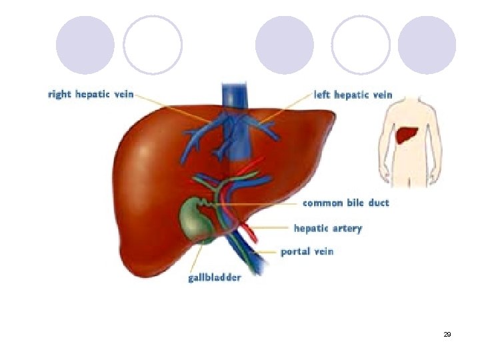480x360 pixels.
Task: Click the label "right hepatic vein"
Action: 91,95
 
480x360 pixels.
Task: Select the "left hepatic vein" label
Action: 353,95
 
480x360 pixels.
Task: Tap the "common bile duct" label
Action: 346,202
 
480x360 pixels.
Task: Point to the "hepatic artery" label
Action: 328,228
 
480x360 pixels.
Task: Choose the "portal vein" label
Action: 307,251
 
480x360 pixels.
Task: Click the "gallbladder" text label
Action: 214,277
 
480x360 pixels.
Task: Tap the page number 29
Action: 447,333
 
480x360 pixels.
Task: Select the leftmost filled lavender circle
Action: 85,45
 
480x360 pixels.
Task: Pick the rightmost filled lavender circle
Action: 427,45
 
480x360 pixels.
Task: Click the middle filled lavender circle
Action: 284,45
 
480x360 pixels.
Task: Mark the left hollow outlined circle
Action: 153,45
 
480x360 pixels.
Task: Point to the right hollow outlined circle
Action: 361,45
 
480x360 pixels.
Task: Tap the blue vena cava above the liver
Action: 235,93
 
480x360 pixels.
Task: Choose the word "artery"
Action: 346,228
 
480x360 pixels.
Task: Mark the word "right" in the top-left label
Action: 59,95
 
